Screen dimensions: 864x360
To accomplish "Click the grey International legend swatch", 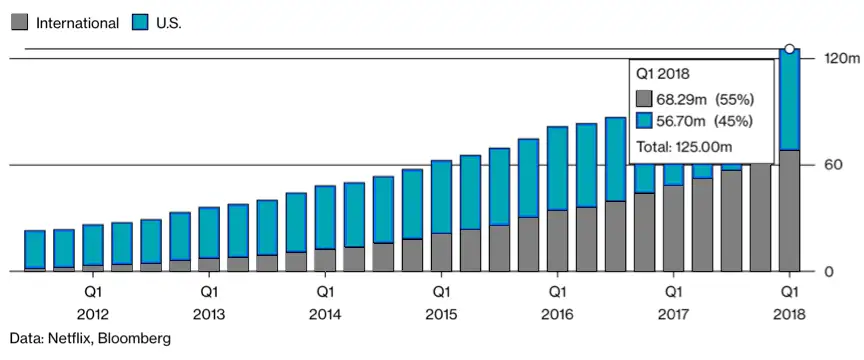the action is point(19,23).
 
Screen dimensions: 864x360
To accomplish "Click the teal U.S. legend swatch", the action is point(140,23).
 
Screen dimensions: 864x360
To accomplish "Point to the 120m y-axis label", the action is point(840,58).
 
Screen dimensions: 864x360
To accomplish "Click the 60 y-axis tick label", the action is point(830,165).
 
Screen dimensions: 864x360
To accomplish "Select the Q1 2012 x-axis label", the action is point(93,302).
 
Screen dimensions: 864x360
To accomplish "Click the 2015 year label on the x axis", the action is point(441,315).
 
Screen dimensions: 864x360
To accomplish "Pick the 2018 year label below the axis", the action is point(789,315).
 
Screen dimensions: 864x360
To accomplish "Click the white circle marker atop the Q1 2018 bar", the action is point(789,49).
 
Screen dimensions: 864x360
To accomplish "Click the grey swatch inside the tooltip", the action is point(644,100).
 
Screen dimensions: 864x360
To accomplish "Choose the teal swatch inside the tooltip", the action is point(644,122).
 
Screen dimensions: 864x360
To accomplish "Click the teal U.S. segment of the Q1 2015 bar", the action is point(441,197).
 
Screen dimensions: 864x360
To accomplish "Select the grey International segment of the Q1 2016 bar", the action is point(557,241).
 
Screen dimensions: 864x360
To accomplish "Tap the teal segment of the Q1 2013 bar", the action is point(209,233).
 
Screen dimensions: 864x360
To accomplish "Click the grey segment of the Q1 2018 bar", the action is point(789,211).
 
